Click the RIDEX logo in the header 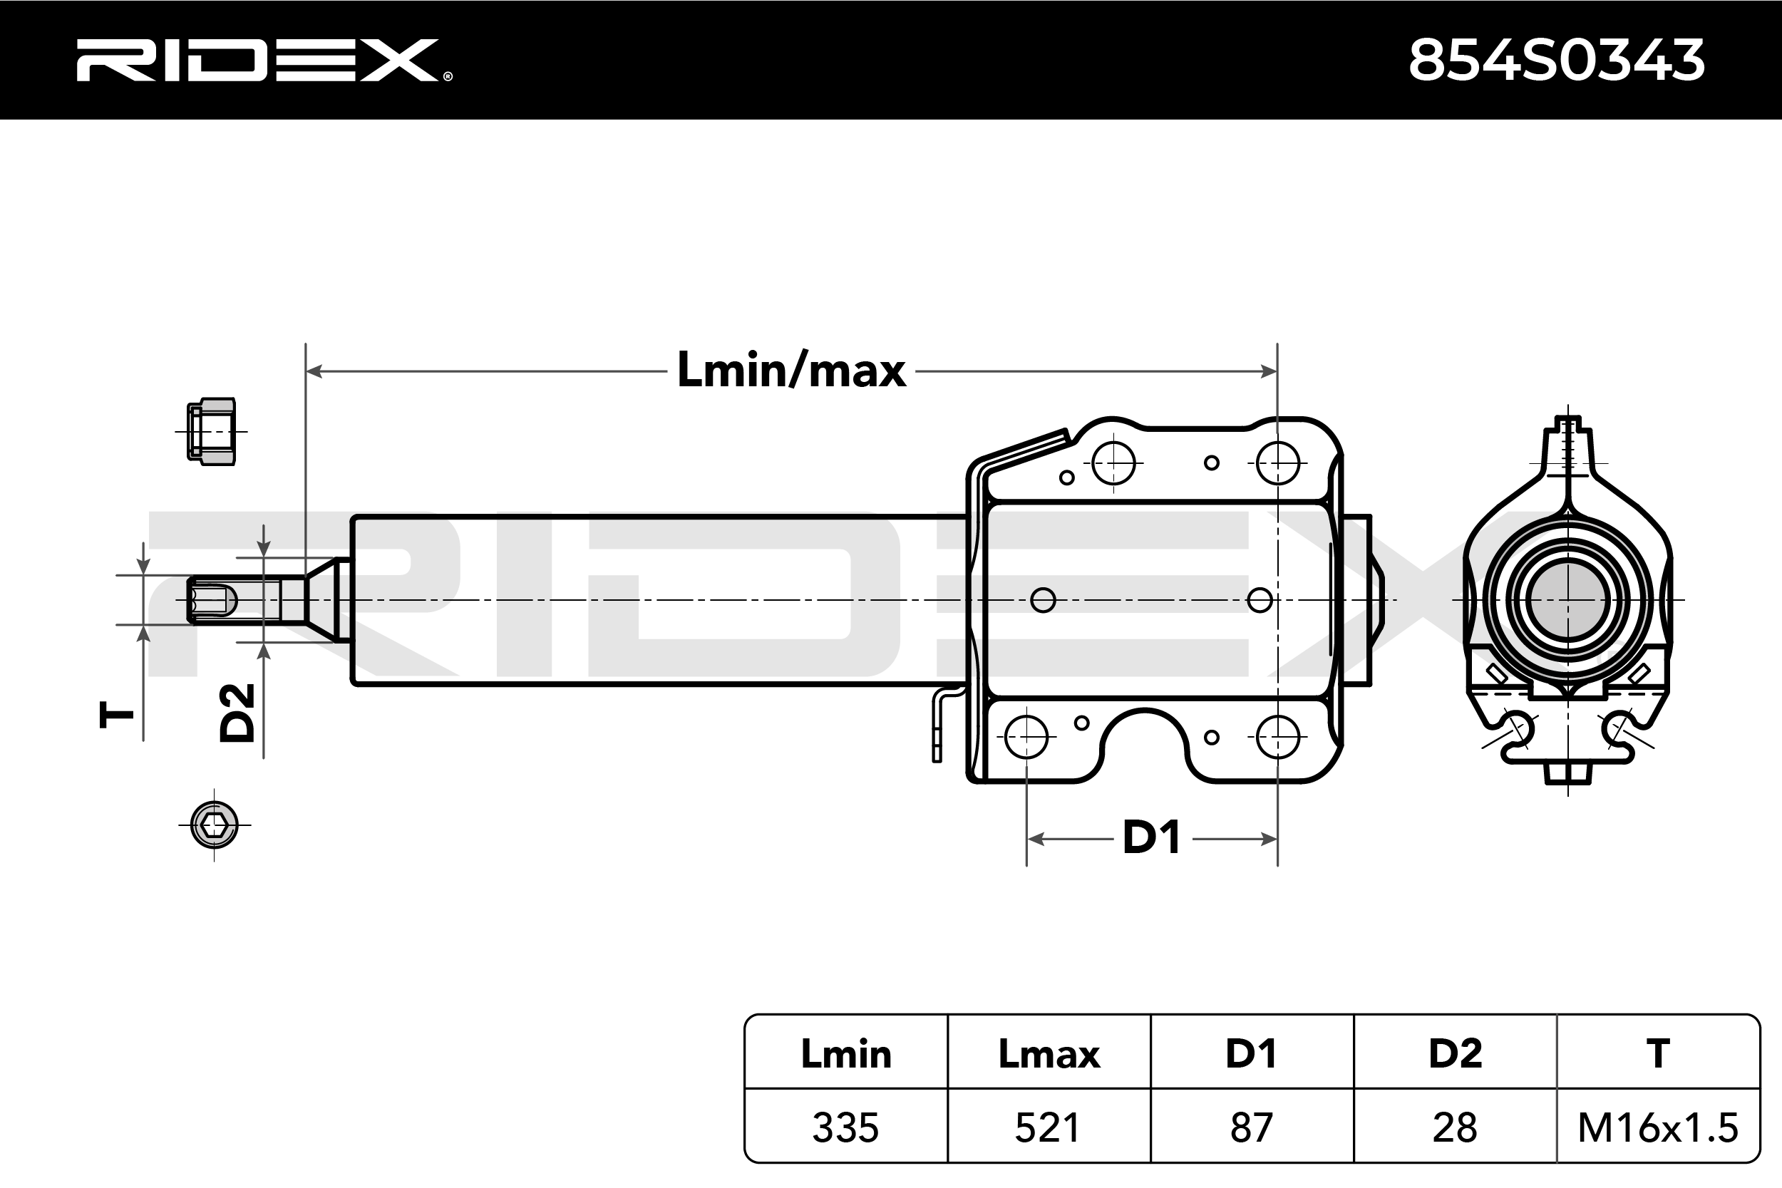click(262, 61)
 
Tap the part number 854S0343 click(1556, 61)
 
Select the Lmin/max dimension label click(791, 371)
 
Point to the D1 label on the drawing click(1151, 839)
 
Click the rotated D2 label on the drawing click(237, 712)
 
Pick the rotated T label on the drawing click(117, 715)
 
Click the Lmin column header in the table click(845, 1054)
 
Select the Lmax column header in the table click(1049, 1054)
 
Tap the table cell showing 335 click(845, 1127)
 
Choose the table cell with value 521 click(1049, 1127)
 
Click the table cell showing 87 click(1252, 1127)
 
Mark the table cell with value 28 click(1455, 1127)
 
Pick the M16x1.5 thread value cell click(1658, 1127)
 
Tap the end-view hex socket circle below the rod click(215, 825)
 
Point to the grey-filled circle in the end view click(1567, 600)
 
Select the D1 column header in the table click(1252, 1054)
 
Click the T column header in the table click(1658, 1054)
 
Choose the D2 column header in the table click(1455, 1054)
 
